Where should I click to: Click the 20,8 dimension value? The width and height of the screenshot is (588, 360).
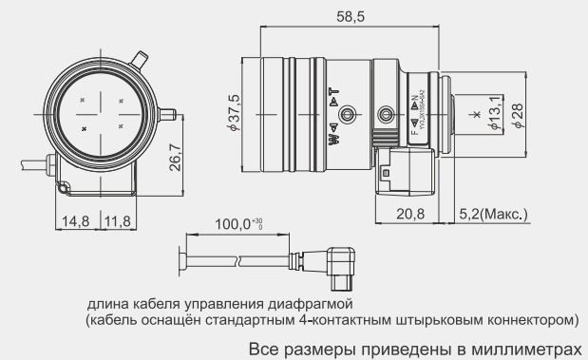[409, 214]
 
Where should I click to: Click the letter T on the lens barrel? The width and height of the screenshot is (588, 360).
[334, 90]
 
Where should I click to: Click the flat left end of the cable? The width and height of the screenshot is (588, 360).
[181, 258]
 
